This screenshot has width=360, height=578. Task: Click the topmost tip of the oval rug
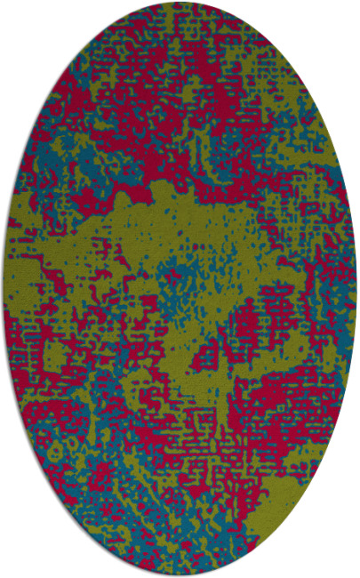pos(180,4)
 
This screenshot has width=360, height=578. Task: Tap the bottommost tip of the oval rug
pos(180,574)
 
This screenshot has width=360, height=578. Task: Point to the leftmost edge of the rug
pos(4,289)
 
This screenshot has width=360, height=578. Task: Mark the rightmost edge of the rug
pos(356,289)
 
